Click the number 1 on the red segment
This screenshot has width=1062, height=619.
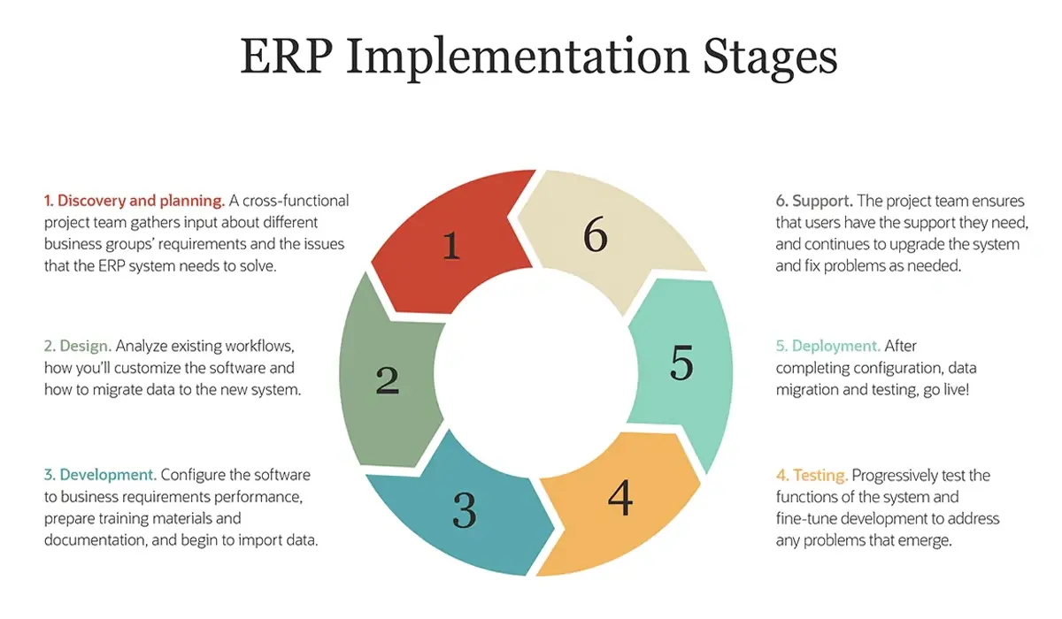(x=451, y=245)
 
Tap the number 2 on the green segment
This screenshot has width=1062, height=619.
(x=388, y=380)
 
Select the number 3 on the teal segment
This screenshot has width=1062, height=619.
(x=465, y=510)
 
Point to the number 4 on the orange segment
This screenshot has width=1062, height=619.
(x=620, y=498)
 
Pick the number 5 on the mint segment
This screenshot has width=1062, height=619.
(x=681, y=363)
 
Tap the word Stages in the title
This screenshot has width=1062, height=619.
(x=770, y=57)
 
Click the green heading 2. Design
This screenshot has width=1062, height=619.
(x=78, y=345)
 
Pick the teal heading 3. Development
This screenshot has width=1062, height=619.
(x=100, y=475)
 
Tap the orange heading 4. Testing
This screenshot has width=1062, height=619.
(x=812, y=475)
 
